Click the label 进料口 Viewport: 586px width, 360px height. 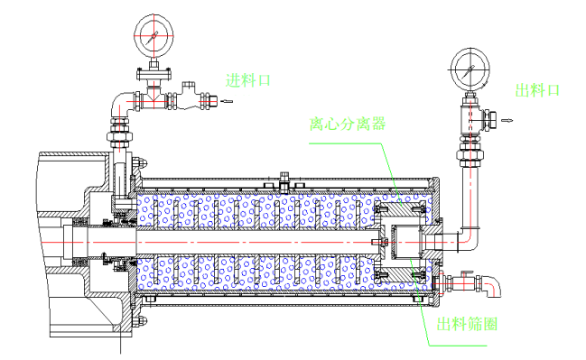pyautogui.click(x=247, y=80)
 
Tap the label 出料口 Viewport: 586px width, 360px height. pyautogui.click(x=537, y=90)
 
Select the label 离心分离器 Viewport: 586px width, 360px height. pyautogui.click(x=348, y=124)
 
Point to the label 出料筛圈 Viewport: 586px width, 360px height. pyautogui.click(x=467, y=324)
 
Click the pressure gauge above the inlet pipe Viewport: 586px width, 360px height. pyautogui.click(x=153, y=36)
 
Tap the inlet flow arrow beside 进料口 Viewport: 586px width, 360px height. pyautogui.click(x=227, y=101)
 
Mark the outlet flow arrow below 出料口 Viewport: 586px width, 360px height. pyautogui.click(x=507, y=120)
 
